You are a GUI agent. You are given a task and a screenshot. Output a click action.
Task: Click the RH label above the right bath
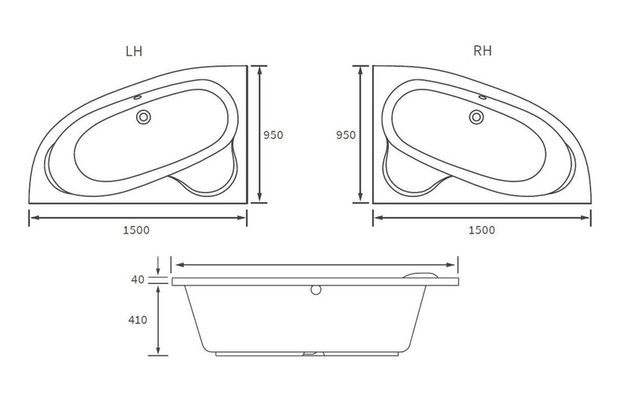[x=484, y=51]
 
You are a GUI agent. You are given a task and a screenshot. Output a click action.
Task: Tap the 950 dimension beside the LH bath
[x=273, y=135]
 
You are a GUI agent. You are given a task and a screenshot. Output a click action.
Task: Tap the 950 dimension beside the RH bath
[x=346, y=135]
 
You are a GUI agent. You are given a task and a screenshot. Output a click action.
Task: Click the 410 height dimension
[x=139, y=318]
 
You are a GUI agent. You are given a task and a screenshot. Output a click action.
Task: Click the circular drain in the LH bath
[x=143, y=117]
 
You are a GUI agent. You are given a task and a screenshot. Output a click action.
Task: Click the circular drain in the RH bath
[x=477, y=117]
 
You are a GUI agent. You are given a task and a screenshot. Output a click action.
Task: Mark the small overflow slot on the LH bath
[x=138, y=98]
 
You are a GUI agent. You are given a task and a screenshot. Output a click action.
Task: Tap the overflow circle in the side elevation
[x=315, y=290]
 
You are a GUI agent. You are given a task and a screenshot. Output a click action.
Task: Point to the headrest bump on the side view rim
[x=425, y=274]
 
